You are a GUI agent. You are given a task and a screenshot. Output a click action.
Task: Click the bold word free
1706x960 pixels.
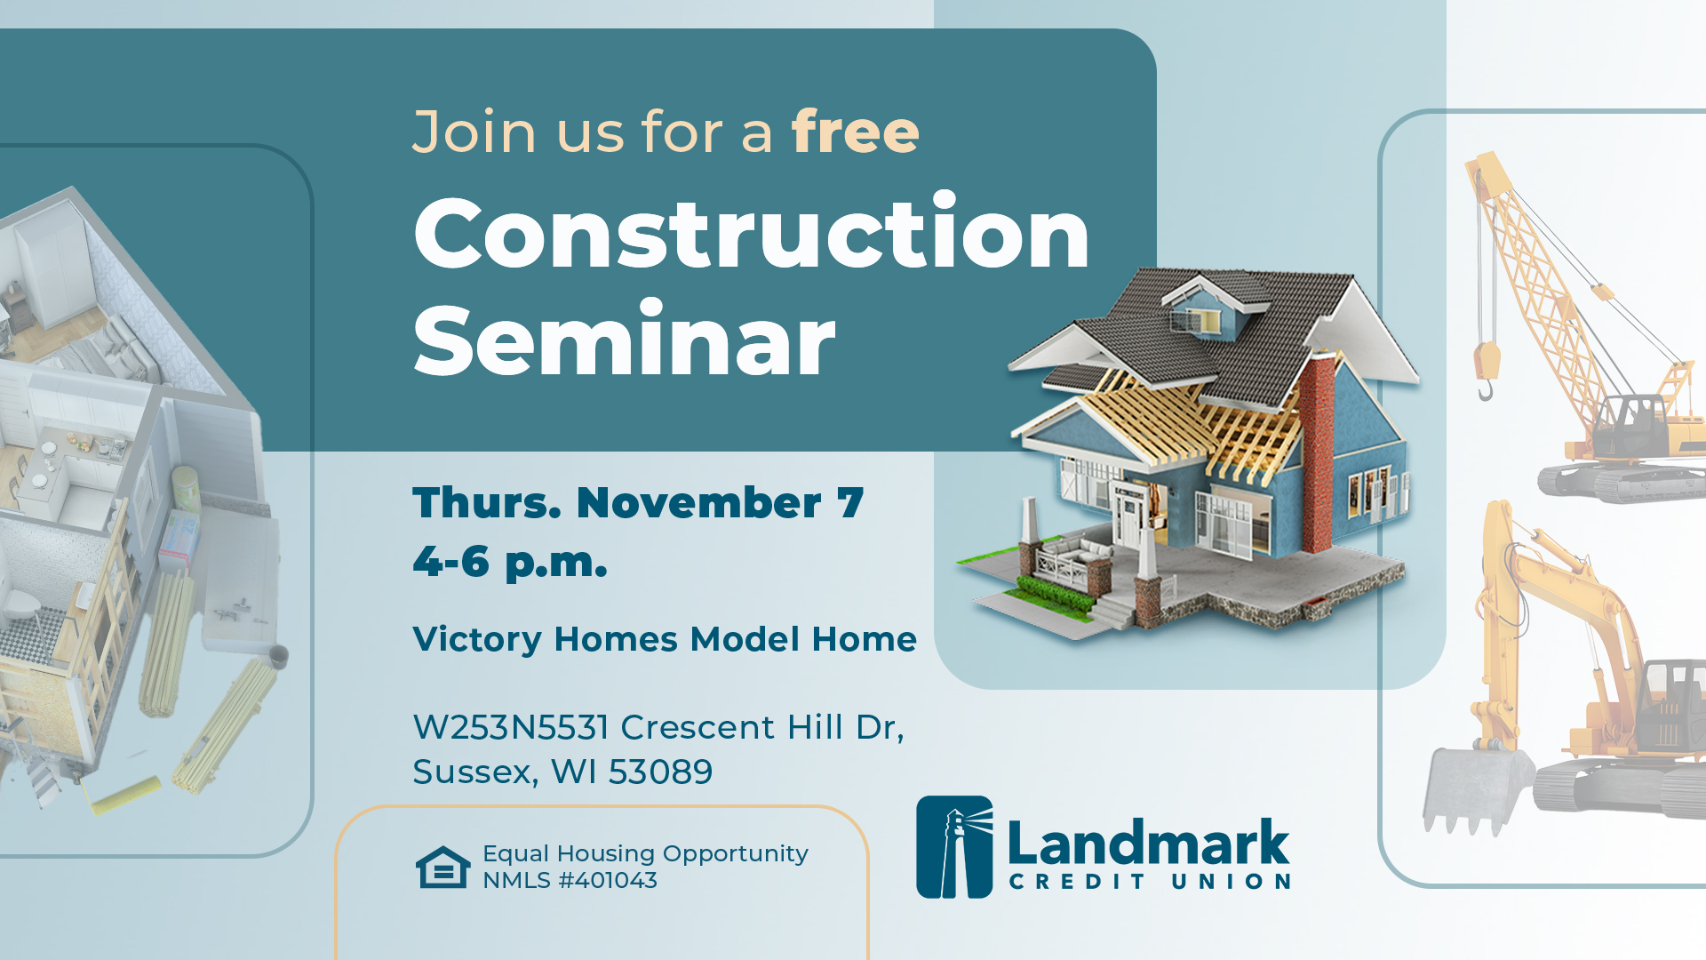(x=855, y=132)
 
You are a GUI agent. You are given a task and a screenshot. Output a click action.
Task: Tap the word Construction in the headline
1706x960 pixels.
(x=751, y=233)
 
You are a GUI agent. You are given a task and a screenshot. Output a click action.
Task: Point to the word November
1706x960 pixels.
(x=698, y=503)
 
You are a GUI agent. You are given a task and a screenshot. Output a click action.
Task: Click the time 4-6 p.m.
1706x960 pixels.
(x=510, y=562)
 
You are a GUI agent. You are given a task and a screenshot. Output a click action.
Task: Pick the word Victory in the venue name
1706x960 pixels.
(x=477, y=639)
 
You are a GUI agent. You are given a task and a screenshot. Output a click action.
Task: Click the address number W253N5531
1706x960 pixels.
(x=510, y=727)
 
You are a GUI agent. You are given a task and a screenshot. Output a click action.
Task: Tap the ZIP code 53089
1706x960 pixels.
(x=660, y=772)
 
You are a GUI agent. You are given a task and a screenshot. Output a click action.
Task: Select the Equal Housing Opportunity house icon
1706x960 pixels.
(x=442, y=867)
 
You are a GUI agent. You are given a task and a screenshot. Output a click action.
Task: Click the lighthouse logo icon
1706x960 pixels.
(x=954, y=846)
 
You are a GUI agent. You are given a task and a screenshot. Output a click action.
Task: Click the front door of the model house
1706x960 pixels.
(x=1132, y=524)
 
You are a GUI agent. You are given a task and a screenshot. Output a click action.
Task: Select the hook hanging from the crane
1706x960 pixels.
(x=1485, y=388)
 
